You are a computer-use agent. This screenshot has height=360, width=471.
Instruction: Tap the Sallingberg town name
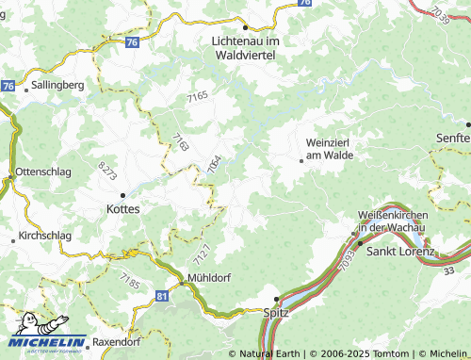[x=58, y=84]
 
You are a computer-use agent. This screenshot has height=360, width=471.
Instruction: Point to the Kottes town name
[x=123, y=209]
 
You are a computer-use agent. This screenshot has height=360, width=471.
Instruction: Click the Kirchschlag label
[x=44, y=236]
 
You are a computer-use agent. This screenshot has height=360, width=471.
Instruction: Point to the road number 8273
[x=107, y=172]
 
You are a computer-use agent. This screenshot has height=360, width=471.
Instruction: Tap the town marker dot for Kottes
[x=122, y=195]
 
